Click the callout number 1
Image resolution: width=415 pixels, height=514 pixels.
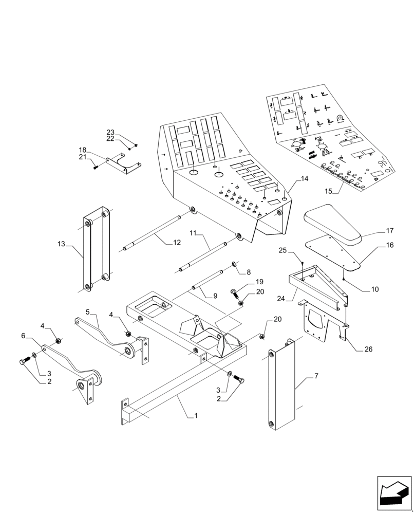195,415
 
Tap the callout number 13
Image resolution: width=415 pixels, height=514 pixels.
62,244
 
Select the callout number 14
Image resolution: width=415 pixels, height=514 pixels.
305,179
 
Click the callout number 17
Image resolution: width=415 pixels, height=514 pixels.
389,231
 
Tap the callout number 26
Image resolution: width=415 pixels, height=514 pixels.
367,350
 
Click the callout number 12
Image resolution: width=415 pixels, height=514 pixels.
177,242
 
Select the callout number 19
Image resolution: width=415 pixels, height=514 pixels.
259,282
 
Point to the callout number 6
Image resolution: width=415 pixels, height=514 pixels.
23,335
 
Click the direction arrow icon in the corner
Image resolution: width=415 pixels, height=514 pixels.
394,493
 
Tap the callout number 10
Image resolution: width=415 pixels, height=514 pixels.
374,289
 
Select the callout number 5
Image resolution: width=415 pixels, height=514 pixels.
88,311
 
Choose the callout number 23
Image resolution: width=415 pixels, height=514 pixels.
110,132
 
